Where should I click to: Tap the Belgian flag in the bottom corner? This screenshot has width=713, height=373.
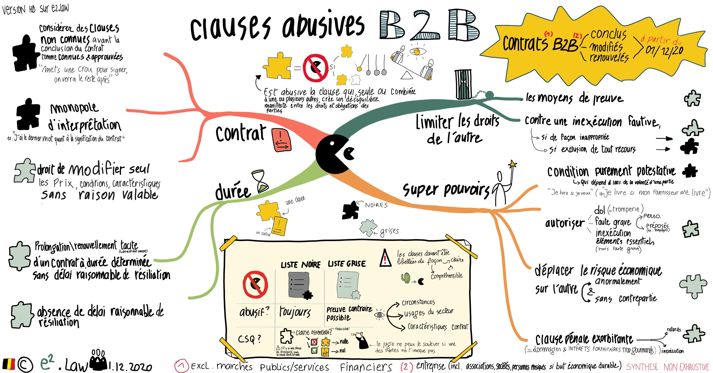click(x=9, y=364)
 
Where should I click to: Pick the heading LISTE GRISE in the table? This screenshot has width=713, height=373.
click(x=347, y=264)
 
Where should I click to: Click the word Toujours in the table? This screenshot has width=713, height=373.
click(x=295, y=312)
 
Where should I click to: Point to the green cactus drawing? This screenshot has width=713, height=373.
click(x=406, y=278)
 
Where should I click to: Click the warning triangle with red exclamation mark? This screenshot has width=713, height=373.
click(x=385, y=258)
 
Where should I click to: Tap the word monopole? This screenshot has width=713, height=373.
click(x=74, y=108)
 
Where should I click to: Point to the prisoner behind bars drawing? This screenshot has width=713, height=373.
click(x=463, y=85)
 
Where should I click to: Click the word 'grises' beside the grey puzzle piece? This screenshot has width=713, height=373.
click(x=389, y=231)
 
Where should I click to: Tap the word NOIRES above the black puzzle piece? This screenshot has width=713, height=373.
click(x=376, y=205)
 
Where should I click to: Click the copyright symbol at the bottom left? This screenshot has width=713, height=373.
click(x=25, y=364)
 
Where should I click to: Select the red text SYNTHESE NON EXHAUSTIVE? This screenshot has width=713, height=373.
click(x=668, y=367)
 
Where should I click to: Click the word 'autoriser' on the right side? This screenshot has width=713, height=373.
click(x=564, y=223)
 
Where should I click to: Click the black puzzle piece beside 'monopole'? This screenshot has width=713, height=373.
click(x=28, y=114)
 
